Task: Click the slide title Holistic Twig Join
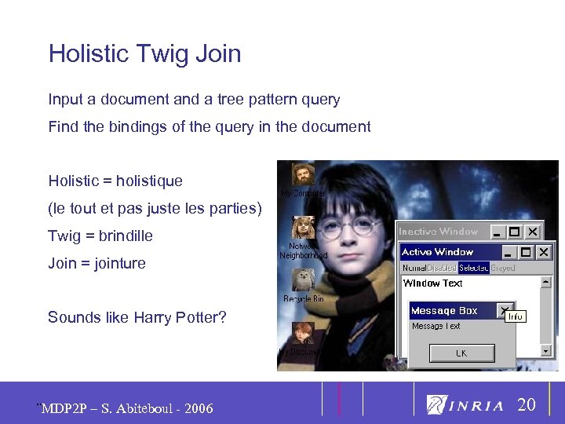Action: (144, 54)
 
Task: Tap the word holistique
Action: (149, 181)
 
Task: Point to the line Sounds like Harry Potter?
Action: (137, 317)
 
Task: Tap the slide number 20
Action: (527, 405)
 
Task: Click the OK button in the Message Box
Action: (461, 353)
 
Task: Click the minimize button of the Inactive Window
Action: (496, 232)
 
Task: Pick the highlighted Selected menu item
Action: (473, 268)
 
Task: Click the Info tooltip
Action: (515, 316)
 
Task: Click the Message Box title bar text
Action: (444, 311)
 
